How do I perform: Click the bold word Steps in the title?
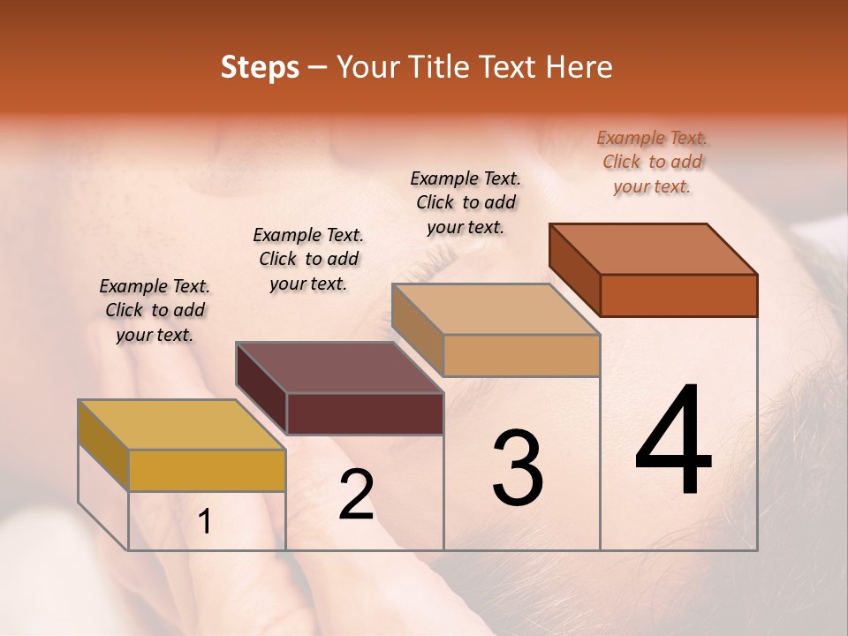pos(260,67)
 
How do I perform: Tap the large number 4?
pos(673,442)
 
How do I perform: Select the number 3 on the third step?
pos(517,468)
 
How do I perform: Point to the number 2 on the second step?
pos(356,496)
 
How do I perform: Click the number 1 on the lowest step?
pos(204,522)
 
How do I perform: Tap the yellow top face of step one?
pos(182,424)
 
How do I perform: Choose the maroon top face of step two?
pos(339,367)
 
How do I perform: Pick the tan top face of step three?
pos(496,309)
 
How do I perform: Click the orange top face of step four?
pos(654,249)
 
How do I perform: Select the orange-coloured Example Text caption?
pos(652,162)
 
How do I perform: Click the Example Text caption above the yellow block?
pos(155,310)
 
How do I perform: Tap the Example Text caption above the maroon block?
pos(308,259)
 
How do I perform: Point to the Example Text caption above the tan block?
pos(466,202)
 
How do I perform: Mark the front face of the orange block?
pos(678,295)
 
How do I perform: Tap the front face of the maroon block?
pos(365,413)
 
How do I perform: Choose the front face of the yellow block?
pos(207,470)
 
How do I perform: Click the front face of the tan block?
pos(521,355)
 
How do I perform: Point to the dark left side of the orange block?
pos(575,269)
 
